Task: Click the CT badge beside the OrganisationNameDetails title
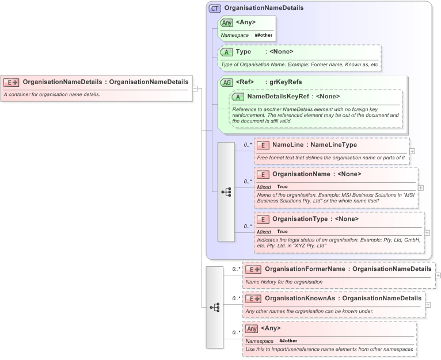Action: [x=215, y=8]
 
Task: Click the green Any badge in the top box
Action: [x=227, y=23]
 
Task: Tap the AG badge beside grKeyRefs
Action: [x=227, y=82]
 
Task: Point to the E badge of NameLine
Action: [x=262, y=145]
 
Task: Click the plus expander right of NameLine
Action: [x=412, y=151]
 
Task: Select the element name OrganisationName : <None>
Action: [x=317, y=174]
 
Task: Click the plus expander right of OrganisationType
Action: [x=427, y=232]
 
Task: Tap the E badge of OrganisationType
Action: [x=262, y=219]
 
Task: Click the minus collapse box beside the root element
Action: [x=195, y=89]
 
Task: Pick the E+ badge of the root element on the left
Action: [x=12, y=82]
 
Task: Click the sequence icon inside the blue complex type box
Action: [x=226, y=192]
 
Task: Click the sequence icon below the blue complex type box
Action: [x=215, y=308]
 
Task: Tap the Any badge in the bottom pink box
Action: [x=251, y=328]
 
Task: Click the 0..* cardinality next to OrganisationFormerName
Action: [x=234, y=269]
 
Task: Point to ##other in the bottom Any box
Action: [x=288, y=340]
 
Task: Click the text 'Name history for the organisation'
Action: [x=284, y=282]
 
